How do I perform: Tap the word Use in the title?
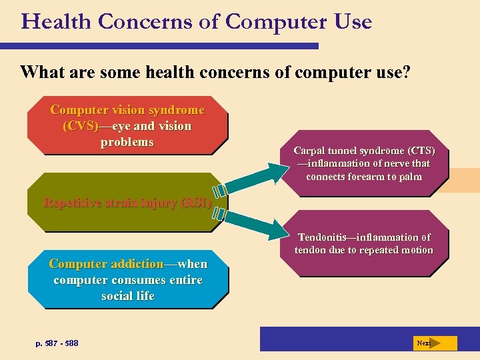[351, 22]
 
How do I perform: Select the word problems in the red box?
[127, 142]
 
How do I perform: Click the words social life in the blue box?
[127, 296]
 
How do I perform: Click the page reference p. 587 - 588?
[57, 343]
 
